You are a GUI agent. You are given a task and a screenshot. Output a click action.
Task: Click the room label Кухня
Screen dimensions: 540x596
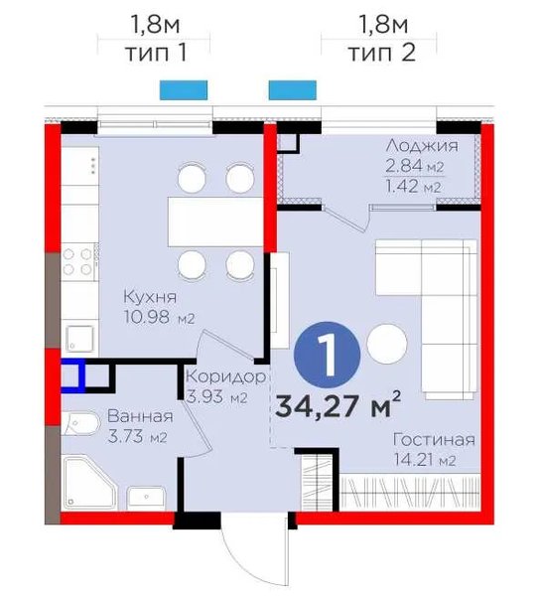[x=150, y=297]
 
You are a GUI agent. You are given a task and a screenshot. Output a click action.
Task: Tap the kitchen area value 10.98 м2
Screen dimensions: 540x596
[x=160, y=316]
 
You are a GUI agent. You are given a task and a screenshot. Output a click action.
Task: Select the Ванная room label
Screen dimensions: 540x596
[x=140, y=416]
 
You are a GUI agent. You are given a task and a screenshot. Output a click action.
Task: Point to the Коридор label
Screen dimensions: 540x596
[x=225, y=376]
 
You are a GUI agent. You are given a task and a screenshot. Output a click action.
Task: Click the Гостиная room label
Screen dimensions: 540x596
[x=434, y=440]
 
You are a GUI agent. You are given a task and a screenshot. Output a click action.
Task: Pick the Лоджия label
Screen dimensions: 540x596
[x=422, y=146]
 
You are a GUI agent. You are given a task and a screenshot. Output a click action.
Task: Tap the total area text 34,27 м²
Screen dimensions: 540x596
[x=338, y=405]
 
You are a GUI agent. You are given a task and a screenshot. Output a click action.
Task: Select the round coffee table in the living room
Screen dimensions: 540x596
[x=387, y=344]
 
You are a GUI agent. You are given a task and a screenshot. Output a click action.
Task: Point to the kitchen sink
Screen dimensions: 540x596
[x=79, y=339]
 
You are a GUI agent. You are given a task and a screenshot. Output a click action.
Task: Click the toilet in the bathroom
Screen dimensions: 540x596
[x=80, y=424]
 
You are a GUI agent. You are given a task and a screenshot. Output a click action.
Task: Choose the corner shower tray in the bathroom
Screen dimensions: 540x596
[x=89, y=483]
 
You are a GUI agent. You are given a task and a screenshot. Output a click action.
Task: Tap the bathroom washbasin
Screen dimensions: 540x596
[x=146, y=498]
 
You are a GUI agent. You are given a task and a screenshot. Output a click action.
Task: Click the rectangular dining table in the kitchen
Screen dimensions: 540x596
[x=216, y=222]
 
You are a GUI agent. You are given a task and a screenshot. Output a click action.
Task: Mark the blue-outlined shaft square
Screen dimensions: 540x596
[x=72, y=376]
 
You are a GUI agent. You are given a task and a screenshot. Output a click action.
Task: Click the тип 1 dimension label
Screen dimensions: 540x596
[x=157, y=53]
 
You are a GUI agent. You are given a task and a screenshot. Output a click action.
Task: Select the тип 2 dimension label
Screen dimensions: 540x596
[x=383, y=53]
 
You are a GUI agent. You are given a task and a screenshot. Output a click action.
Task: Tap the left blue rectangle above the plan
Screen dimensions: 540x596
[x=184, y=90]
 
